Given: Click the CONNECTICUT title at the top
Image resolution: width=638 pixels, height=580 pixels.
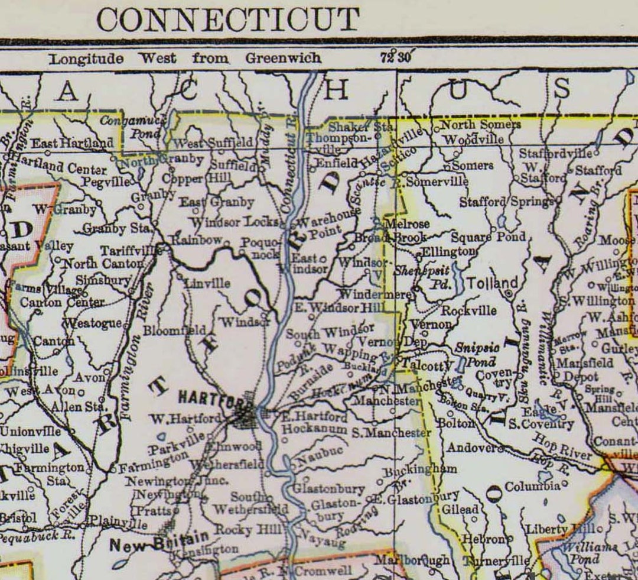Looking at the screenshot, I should [227, 19].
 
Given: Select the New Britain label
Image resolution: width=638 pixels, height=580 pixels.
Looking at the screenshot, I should [159, 540].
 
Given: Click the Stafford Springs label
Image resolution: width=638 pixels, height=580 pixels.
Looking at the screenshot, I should [507, 202].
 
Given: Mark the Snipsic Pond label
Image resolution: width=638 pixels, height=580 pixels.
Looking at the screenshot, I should [477, 354].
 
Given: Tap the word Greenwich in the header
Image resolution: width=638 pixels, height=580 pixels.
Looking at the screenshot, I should [284, 58].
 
